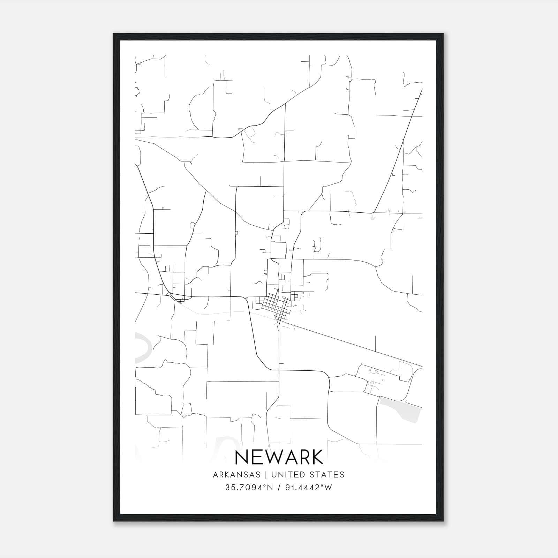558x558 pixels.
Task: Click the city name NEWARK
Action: click(x=279, y=457)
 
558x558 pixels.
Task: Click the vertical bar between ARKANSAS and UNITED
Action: click(x=266, y=475)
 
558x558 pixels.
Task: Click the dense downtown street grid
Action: click(x=276, y=306)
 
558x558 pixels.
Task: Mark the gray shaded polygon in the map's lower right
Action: click(x=401, y=410)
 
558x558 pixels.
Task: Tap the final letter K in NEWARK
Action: click(x=317, y=457)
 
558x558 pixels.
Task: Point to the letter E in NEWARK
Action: click(x=258, y=457)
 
